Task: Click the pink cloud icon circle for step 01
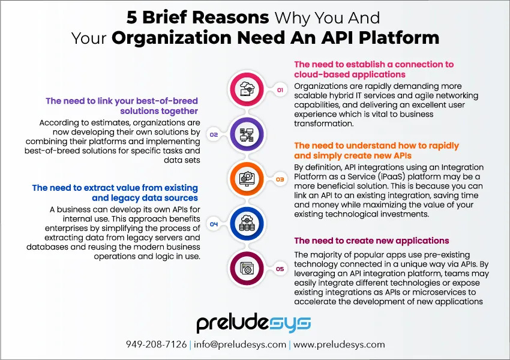pos(247,89)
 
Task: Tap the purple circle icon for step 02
pos(247,134)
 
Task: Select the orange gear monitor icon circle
pos(247,179)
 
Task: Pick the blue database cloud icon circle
pos(247,224)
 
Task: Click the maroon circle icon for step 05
pos(247,269)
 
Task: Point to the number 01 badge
pos(280,90)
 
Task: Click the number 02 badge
pos(214,134)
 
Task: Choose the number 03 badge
pos(280,179)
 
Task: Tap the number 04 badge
pos(214,224)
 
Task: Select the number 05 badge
pos(280,269)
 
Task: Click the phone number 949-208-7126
pos(156,344)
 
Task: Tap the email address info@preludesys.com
pos(240,344)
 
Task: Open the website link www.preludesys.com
pos(339,344)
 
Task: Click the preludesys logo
pos(254,323)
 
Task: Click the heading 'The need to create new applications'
pos(371,241)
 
